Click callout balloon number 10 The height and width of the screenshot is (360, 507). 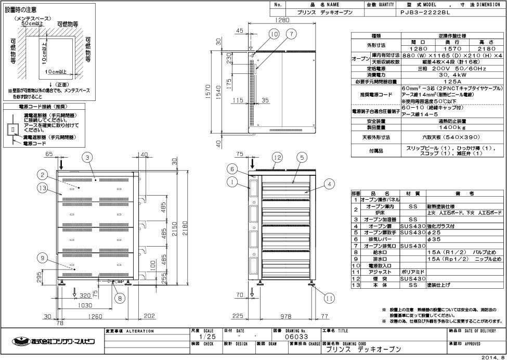tap(274, 34)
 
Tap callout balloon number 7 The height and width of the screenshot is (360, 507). tap(292, 34)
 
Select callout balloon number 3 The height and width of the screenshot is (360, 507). tap(88, 157)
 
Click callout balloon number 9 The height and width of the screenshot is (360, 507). tap(43, 257)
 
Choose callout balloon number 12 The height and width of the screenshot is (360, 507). tap(277, 157)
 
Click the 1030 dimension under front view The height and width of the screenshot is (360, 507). tap(86, 305)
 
